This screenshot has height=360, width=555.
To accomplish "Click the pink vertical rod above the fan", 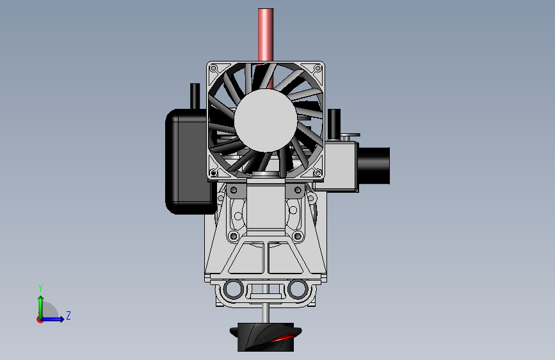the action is [x=266, y=35].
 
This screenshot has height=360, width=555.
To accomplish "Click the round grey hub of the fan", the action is [x=266, y=120].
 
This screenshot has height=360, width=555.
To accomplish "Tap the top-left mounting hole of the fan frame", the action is [x=213, y=68].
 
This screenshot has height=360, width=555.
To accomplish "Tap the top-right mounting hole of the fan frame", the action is [x=318, y=68].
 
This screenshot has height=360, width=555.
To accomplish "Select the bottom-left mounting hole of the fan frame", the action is [x=213, y=173].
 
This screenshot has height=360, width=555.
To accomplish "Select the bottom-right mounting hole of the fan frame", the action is [x=318, y=173].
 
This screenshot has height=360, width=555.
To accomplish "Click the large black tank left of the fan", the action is [x=186, y=161].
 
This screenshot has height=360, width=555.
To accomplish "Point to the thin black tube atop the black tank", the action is [x=195, y=96].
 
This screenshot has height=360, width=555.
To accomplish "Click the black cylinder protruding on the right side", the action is [x=374, y=165].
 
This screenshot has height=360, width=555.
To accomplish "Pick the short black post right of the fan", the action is [x=334, y=124].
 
